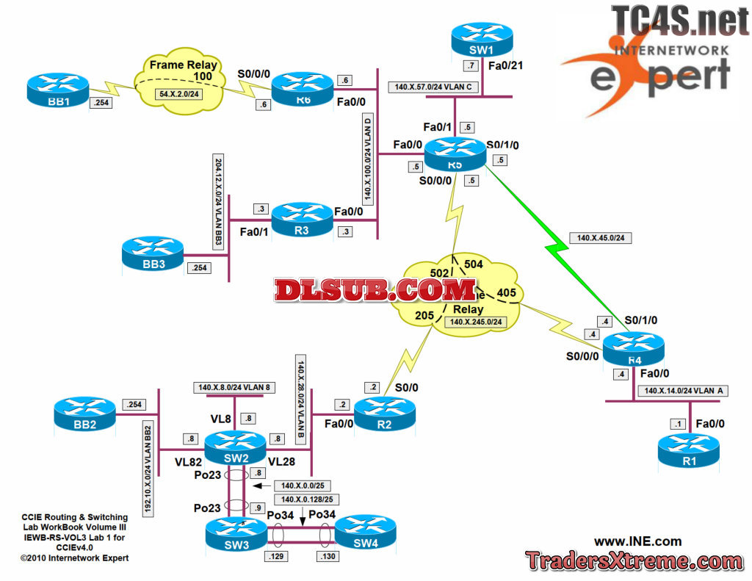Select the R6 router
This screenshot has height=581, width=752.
tap(303, 89)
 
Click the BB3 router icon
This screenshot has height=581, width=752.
tap(153, 253)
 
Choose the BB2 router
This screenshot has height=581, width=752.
tap(84, 414)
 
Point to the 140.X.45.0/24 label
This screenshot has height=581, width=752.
tap(604, 237)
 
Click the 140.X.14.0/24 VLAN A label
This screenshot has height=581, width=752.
tap(682, 391)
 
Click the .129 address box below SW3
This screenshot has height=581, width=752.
tap(278, 556)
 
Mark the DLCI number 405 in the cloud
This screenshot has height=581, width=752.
tap(507, 293)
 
